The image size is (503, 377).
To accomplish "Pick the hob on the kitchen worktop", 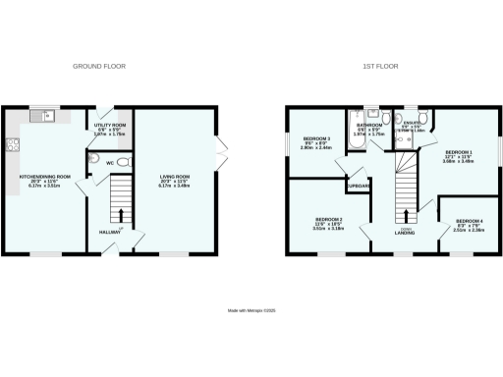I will (13, 148).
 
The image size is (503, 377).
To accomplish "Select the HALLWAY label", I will (109, 232).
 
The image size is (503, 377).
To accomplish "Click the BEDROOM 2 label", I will (328, 221).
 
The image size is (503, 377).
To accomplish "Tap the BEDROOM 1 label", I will (458, 155).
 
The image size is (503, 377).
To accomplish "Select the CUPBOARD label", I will (358, 184).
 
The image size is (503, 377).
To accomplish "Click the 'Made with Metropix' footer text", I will (251, 311).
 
